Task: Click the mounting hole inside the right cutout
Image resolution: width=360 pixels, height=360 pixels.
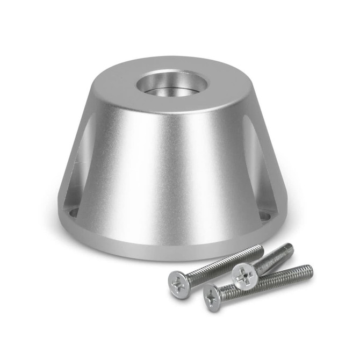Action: (x=264, y=215)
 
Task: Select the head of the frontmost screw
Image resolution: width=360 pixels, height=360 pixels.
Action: (x=213, y=298)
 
